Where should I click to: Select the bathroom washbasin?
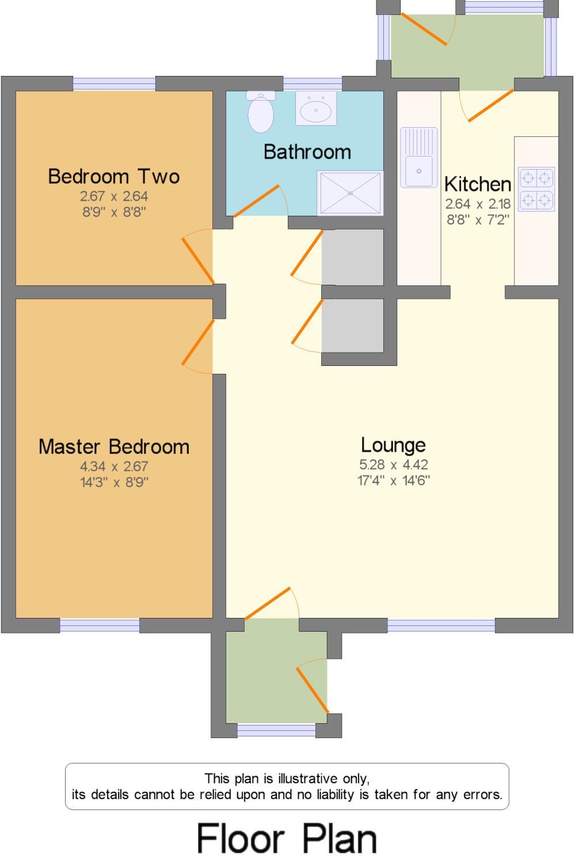point(315,108)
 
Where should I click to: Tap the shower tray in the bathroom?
point(349,193)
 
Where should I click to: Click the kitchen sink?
point(418,157)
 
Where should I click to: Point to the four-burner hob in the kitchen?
point(536,189)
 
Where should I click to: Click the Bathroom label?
point(307,152)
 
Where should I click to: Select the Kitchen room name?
point(477,184)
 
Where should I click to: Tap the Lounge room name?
point(393,445)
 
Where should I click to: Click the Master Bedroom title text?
point(114,446)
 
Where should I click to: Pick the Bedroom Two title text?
point(114,176)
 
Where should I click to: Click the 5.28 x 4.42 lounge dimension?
point(394,464)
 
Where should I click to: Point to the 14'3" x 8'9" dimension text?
point(114,482)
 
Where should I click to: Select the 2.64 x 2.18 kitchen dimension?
point(477,204)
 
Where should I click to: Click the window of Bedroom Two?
point(114,83)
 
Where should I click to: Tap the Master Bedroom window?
point(100,625)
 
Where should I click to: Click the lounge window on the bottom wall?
point(441,625)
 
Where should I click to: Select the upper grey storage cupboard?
point(352,257)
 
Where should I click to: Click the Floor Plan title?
point(287,838)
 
